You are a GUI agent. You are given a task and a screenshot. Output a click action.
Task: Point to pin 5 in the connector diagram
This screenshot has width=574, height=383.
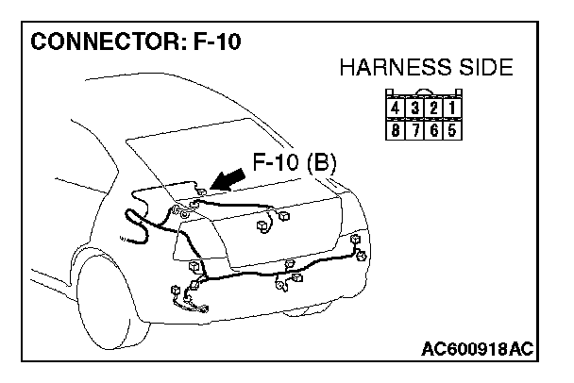click(454, 128)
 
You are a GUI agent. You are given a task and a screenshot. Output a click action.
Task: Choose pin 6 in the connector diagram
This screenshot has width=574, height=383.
click(438, 128)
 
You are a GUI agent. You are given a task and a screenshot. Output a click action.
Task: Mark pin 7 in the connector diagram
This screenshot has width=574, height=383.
click(422, 128)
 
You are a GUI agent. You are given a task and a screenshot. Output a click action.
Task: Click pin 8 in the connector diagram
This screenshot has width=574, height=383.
click(407, 128)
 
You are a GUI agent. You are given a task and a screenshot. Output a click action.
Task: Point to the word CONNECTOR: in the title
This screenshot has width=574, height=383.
click(94, 42)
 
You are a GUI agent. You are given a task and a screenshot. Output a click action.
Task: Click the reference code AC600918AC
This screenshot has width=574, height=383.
click(476, 350)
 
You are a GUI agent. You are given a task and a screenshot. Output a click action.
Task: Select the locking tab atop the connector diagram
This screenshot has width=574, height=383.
click(430, 92)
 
